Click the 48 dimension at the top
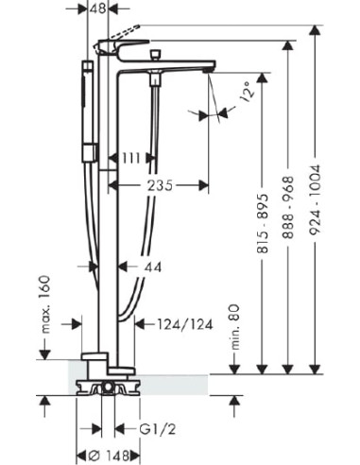97,9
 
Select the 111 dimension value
130,159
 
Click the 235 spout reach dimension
161,185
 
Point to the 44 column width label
153,267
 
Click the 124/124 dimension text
185,324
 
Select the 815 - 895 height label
264,224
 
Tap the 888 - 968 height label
288,208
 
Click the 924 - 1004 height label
315,199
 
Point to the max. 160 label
45,304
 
